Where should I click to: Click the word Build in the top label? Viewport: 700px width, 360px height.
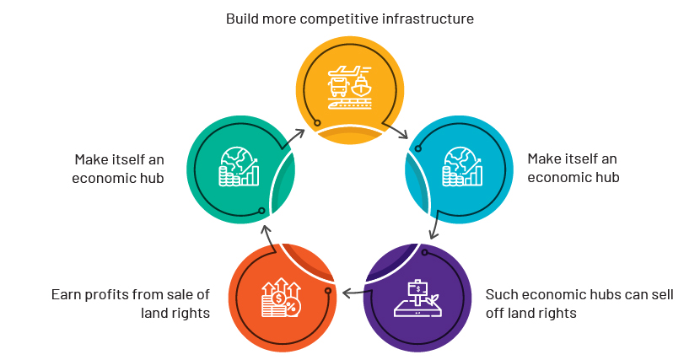240,19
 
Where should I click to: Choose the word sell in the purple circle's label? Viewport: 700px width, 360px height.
663,294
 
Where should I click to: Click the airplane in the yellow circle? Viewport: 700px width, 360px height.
349,71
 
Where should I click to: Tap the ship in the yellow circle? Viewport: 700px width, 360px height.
361,87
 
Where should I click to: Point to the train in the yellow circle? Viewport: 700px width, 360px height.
349,104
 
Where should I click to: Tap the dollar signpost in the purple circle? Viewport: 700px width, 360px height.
417,293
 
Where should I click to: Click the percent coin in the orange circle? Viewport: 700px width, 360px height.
293,307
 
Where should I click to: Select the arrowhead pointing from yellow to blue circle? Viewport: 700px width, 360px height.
405,135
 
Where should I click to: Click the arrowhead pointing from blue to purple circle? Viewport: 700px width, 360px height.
432,236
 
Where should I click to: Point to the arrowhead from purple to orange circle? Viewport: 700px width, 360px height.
346,293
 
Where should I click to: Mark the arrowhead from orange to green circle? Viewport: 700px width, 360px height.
265,228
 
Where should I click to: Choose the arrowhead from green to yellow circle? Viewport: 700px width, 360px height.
301,132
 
